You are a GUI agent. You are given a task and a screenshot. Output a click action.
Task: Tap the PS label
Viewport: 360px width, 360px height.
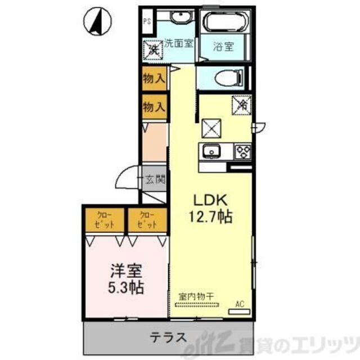pos(147,22)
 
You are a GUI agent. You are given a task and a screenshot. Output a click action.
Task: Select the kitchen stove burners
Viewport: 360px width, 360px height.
pos(242,151)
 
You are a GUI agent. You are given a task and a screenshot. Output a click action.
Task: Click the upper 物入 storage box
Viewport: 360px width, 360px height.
pos(154,79)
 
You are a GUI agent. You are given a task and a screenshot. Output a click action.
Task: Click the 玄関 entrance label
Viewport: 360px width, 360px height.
pos(155,181)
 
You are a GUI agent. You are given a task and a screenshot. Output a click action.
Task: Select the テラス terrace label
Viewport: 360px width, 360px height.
pos(168,338)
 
